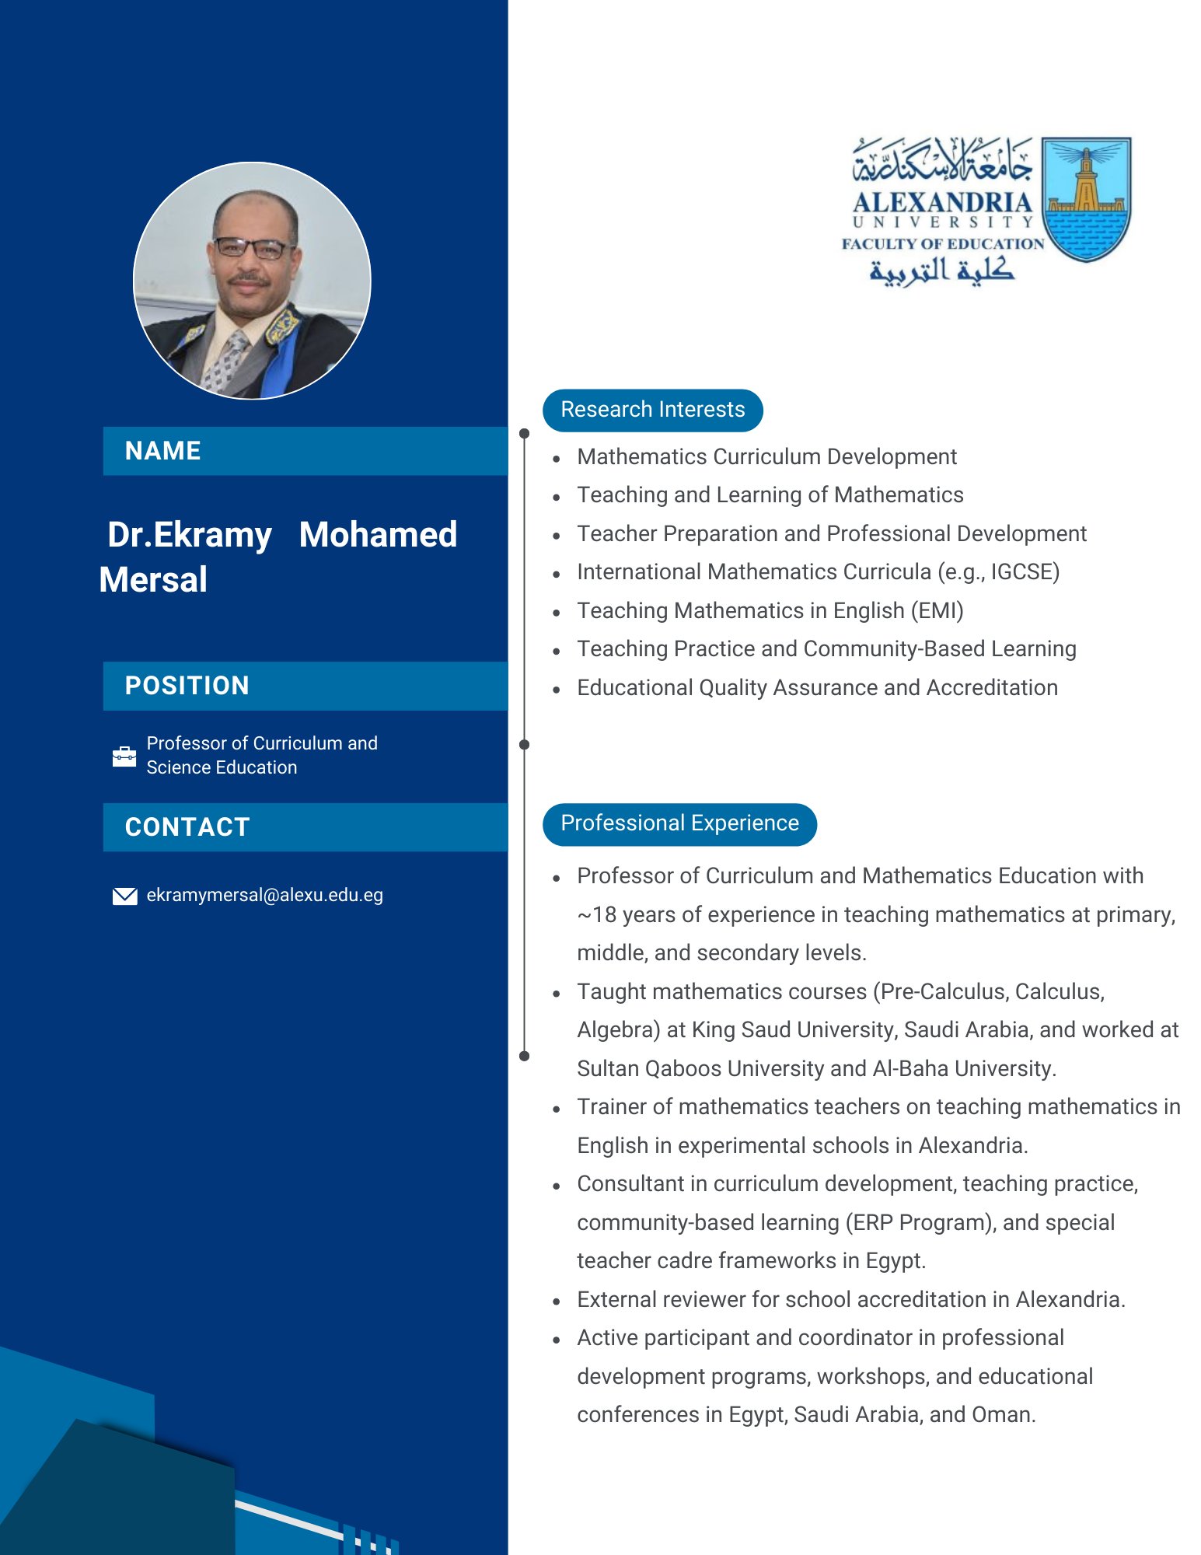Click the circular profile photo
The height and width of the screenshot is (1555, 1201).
tap(252, 281)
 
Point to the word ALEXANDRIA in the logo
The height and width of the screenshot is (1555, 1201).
tap(941, 203)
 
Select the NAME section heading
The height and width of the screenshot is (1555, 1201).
tap(163, 451)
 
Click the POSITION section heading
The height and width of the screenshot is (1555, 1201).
tap(187, 686)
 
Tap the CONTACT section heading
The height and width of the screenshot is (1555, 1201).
tap(187, 827)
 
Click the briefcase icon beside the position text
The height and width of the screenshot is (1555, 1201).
tap(124, 756)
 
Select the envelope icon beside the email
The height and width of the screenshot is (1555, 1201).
tap(124, 896)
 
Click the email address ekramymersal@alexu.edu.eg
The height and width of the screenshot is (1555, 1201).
tap(264, 896)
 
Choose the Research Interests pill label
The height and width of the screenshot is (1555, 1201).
tap(652, 410)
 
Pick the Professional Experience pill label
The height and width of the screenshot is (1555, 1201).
tap(679, 823)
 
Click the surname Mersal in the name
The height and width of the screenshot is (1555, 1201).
tap(154, 580)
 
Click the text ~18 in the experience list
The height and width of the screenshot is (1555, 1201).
tap(595, 915)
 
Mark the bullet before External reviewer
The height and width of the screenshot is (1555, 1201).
tap(557, 1301)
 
